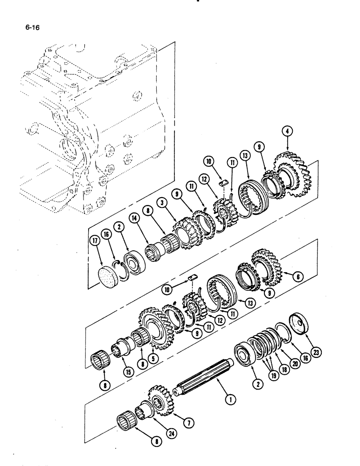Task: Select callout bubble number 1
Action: [x=228, y=398]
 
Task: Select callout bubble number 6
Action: [x=298, y=277]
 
